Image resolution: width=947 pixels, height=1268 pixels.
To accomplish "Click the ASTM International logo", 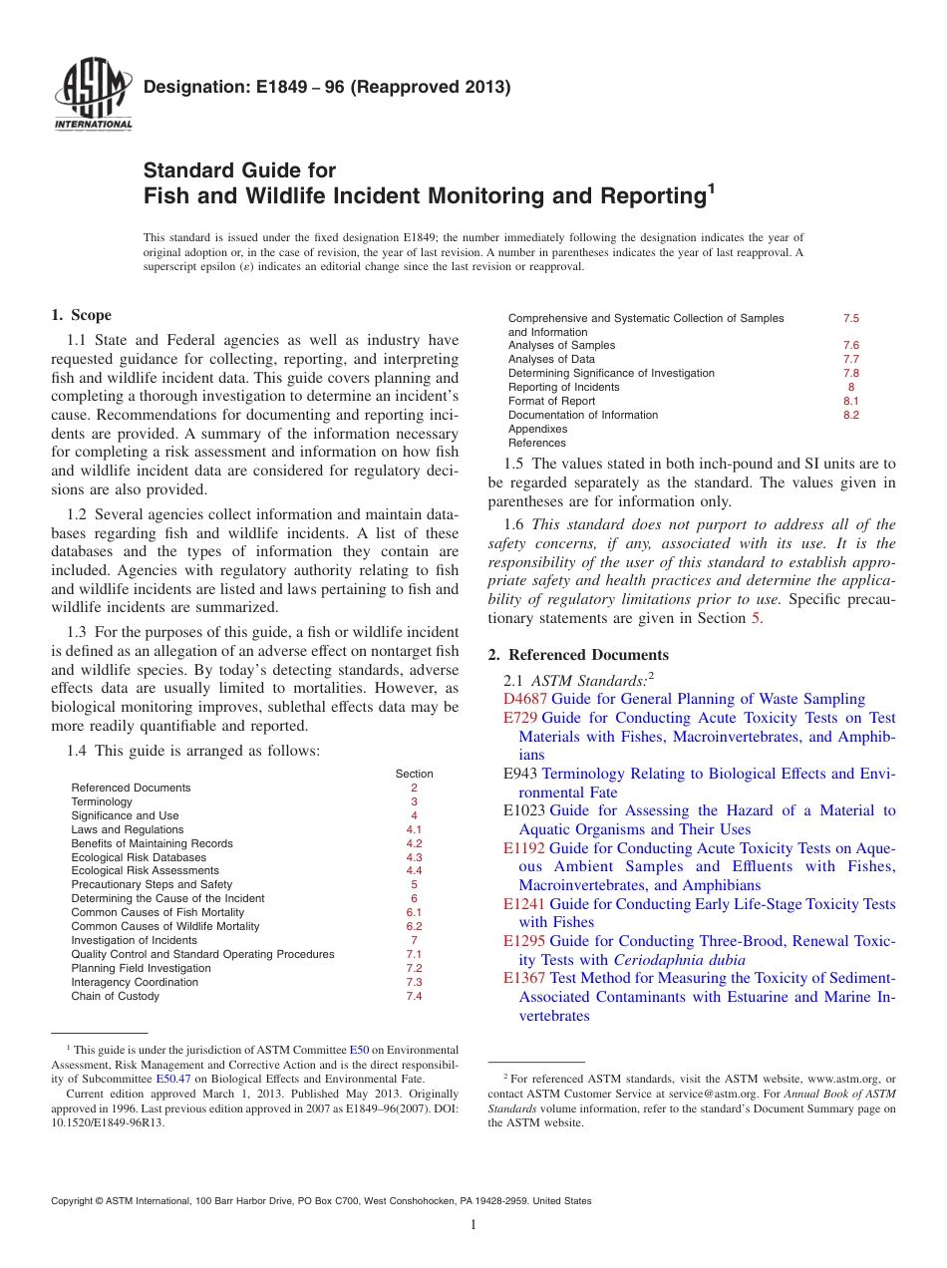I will (x=93, y=96).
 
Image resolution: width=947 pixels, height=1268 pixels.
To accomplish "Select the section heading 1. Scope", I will (x=81, y=315).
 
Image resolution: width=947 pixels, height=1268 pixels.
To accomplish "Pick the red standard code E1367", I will (x=524, y=978).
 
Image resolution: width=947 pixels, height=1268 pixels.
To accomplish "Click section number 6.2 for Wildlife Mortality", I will (x=415, y=926).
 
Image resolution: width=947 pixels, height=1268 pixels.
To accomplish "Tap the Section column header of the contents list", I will (x=415, y=774).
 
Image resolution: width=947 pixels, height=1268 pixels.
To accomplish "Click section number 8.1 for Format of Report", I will (x=850, y=401).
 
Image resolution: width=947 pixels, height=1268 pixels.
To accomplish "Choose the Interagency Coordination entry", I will (x=135, y=982).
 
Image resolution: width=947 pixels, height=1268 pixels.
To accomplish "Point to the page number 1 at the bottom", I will (x=473, y=1226).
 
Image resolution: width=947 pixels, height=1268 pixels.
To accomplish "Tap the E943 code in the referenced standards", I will (x=520, y=774).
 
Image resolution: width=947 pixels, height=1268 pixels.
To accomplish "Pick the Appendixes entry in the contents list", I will (x=537, y=429).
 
